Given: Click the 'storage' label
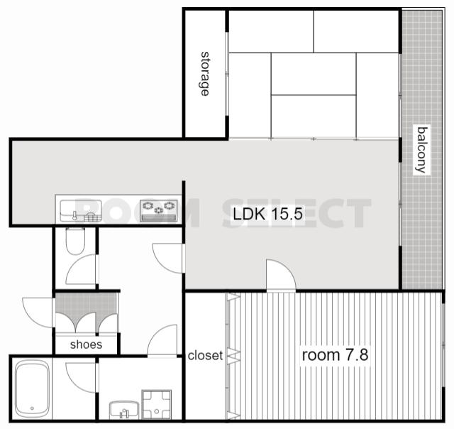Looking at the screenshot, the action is pyautogui.click(x=205, y=74).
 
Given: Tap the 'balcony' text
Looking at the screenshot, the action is pyautogui.click(x=421, y=150).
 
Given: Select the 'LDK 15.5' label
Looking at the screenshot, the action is pyautogui.click(x=268, y=214).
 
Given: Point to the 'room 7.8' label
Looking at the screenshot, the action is pyautogui.click(x=335, y=355).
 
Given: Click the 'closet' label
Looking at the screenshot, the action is pyautogui.click(x=205, y=355).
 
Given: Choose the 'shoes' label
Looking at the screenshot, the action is pyautogui.click(x=86, y=344).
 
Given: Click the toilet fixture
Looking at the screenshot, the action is pyautogui.click(x=75, y=241).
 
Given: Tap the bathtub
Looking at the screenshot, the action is pyautogui.click(x=32, y=388).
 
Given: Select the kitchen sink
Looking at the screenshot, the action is pyautogui.click(x=81, y=211).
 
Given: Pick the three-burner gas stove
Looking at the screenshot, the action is pyautogui.click(x=159, y=211).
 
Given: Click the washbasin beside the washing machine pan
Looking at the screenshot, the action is pyautogui.click(x=124, y=410).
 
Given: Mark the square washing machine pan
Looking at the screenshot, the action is pyautogui.click(x=156, y=405).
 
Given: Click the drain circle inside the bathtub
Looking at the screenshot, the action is pyautogui.click(x=32, y=408).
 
